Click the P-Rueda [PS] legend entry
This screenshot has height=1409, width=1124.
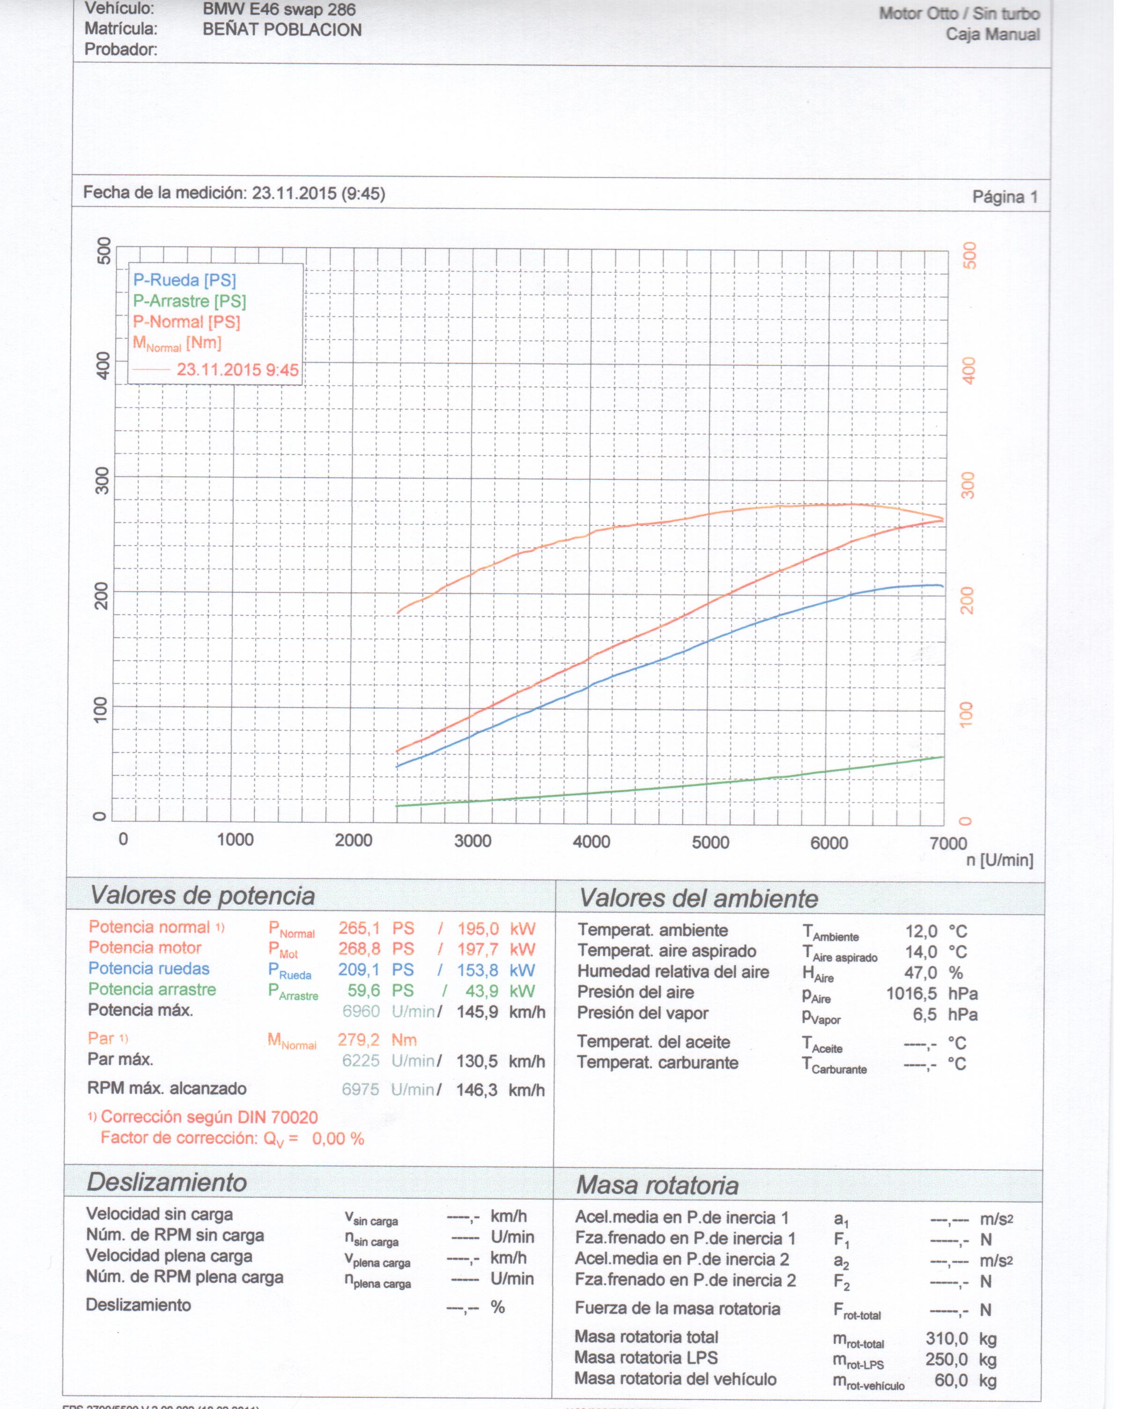point(184,280)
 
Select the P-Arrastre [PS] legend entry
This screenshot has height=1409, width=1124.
point(190,301)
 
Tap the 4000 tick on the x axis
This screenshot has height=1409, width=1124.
point(592,841)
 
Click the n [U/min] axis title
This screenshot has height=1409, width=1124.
point(999,860)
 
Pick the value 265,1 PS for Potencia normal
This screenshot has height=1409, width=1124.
point(376,928)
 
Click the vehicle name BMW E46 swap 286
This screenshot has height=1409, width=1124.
point(279,10)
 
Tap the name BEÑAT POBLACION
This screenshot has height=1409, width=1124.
point(281,30)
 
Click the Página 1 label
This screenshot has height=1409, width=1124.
point(1005,197)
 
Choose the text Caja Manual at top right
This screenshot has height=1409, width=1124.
point(993,35)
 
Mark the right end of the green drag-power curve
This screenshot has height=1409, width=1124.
point(942,757)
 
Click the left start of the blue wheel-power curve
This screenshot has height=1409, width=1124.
point(397,766)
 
